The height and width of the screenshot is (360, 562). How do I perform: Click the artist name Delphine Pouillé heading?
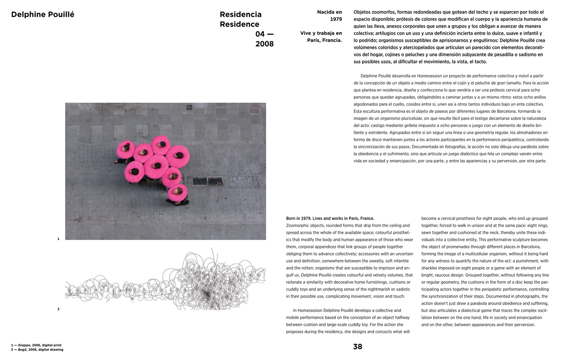pos(42,15)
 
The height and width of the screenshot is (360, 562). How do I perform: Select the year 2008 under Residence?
pos(264,44)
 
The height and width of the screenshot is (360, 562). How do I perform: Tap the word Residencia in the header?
pos(240,15)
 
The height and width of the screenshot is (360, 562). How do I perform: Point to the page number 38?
pos(357,347)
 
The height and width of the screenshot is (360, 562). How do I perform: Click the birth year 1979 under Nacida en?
pos(336,19)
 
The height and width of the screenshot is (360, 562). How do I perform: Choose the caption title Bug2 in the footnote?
pos(22,349)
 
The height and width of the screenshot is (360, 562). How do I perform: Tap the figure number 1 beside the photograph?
pos(59,239)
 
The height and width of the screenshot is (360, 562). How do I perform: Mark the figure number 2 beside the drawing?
pos(59,309)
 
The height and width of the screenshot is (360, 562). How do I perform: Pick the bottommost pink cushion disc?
pos(178,192)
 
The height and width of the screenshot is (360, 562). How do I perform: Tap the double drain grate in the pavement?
pos(207,181)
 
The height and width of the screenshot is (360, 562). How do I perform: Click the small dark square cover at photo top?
pos(189,107)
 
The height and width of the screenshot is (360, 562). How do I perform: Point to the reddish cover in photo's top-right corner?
pos(254,111)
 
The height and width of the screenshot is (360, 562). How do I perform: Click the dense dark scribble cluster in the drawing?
pos(207,292)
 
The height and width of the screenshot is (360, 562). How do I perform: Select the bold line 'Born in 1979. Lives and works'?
pos(330,219)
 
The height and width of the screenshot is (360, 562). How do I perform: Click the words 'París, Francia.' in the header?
pos(324,40)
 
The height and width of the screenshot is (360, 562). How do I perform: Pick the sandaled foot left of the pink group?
pos(116,161)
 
